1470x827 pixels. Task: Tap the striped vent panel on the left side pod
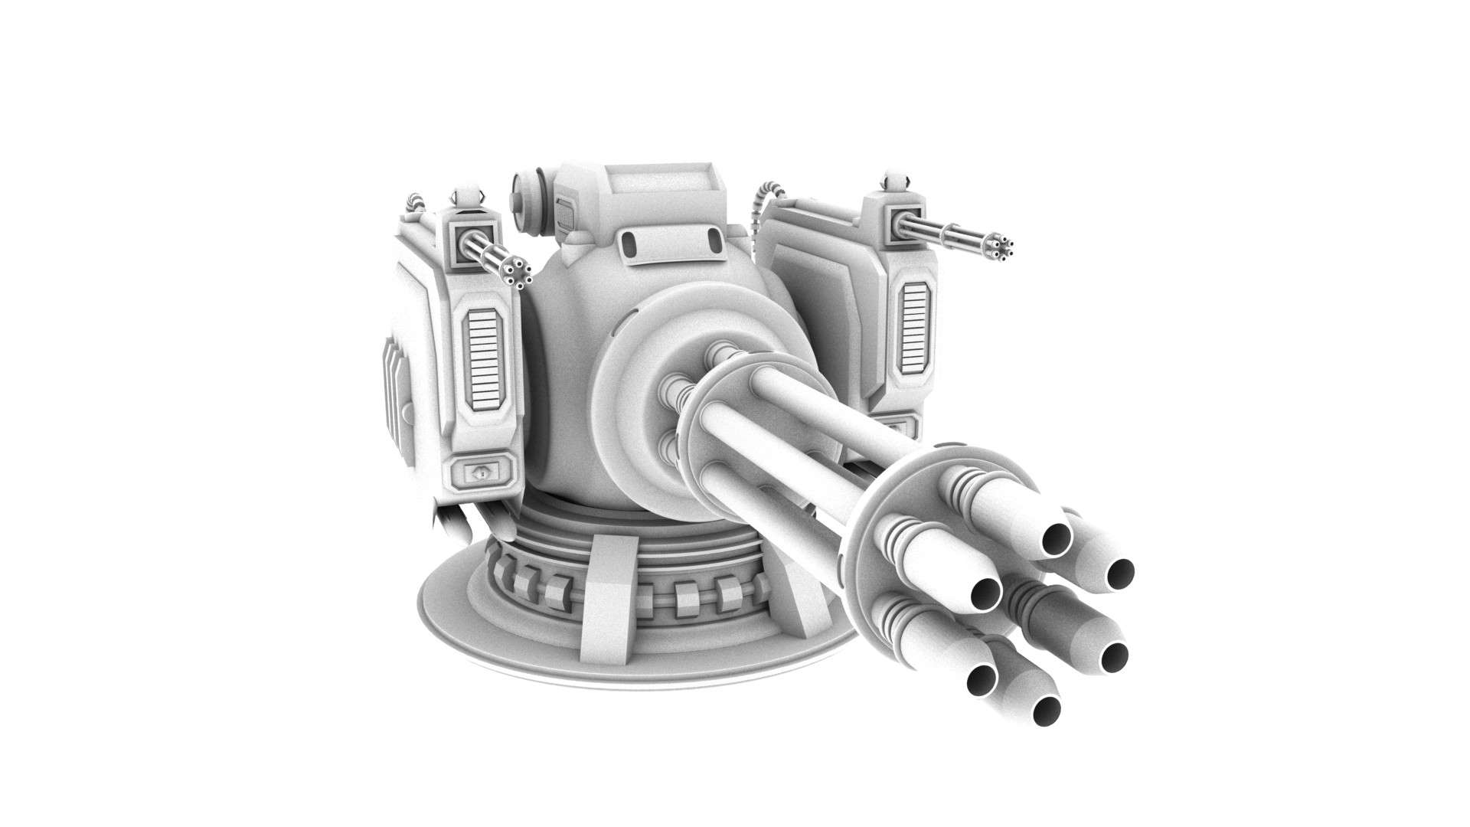(x=484, y=358)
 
